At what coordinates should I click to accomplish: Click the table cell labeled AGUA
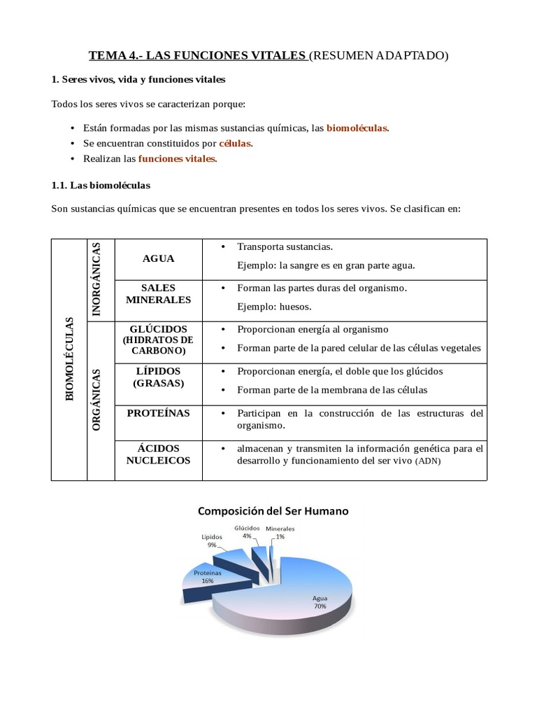tap(158, 258)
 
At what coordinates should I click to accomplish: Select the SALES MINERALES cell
tap(158, 294)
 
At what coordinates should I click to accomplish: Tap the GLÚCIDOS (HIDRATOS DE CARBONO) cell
tap(158, 340)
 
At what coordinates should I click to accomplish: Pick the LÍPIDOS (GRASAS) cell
tap(158, 377)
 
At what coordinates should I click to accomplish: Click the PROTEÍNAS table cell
tap(158, 413)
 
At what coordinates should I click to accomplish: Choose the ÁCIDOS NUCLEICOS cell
tap(158, 454)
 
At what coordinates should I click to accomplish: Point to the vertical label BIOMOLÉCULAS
tap(69, 359)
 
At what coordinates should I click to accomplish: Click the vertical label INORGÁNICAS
tap(97, 279)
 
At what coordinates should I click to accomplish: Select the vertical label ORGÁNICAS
tap(97, 399)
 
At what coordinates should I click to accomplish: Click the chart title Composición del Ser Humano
tap(273, 511)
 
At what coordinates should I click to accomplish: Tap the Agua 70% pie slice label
tap(320, 602)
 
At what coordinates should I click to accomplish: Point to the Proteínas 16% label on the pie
tap(208, 576)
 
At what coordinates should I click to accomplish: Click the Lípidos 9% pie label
tap(212, 540)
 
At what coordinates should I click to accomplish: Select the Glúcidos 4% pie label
tap(247, 531)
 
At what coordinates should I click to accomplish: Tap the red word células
tap(235, 144)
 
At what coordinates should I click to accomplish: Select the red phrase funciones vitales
tap(177, 159)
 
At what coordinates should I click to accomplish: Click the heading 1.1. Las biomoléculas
tap(101, 186)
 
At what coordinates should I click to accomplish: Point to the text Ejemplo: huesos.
tap(274, 307)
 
